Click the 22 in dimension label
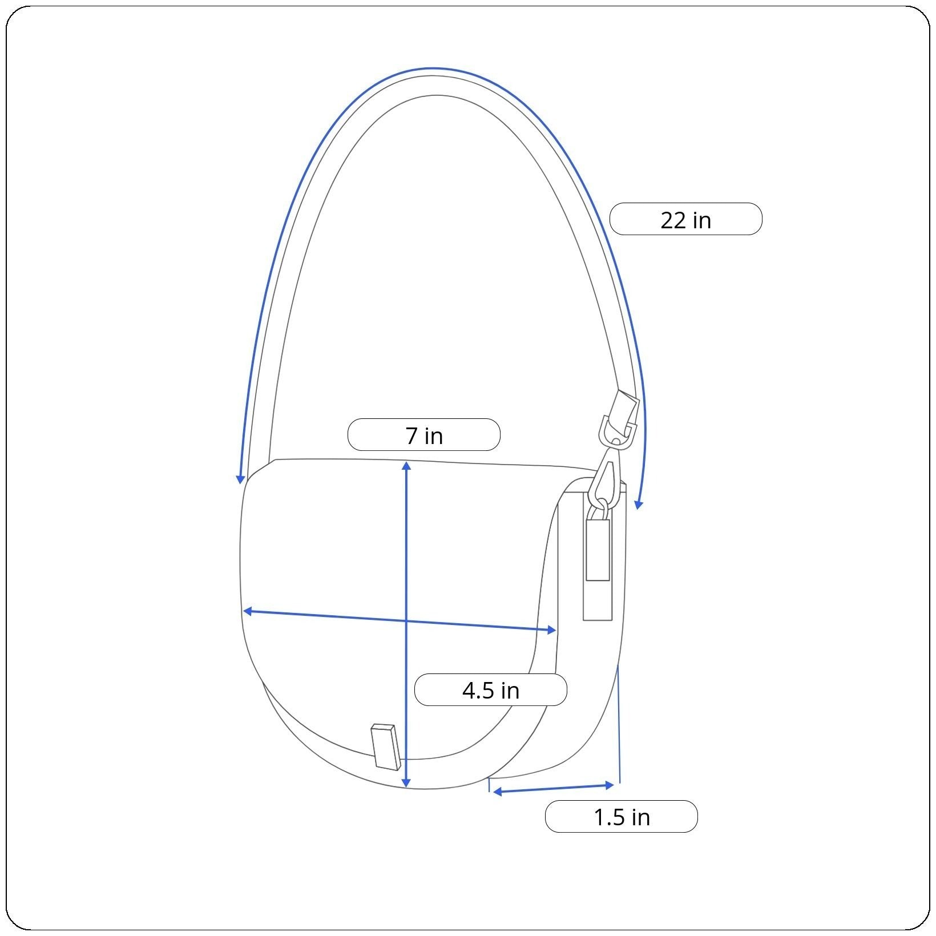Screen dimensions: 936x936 pyautogui.click(x=685, y=219)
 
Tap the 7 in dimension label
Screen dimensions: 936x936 pyautogui.click(x=424, y=435)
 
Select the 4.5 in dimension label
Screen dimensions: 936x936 pyautogui.click(x=490, y=690)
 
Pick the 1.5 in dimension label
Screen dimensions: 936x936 pyautogui.click(x=622, y=817)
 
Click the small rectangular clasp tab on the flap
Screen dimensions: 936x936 pyautogui.click(x=385, y=747)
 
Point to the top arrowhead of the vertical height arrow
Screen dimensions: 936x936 pyautogui.click(x=406, y=466)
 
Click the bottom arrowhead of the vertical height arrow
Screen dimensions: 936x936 pyautogui.click(x=406, y=782)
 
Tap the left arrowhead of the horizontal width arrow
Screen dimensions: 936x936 pyautogui.click(x=248, y=611)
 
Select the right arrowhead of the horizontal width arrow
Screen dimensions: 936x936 pyautogui.click(x=551, y=630)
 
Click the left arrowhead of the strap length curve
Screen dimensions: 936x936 pyautogui.click(x=241, y=479)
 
